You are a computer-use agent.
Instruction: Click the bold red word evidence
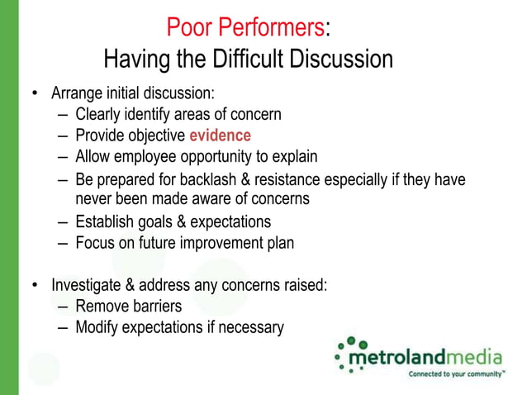(220, 136)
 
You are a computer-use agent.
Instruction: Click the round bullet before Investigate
(35, 286)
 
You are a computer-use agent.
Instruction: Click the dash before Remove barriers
(64, 307)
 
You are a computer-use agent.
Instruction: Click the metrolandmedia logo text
(425, 357)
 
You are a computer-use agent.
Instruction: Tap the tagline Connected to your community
(456, 374)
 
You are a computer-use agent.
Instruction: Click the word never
(93, 199)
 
